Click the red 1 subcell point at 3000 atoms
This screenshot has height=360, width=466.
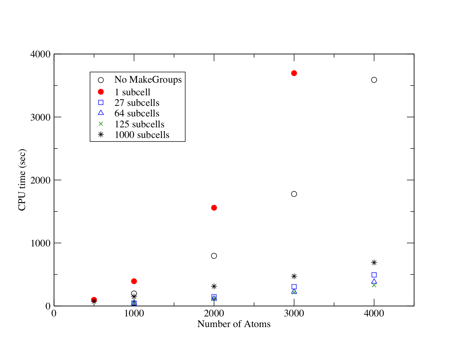pos(294,73)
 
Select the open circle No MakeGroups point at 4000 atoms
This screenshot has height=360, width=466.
pos(374,80)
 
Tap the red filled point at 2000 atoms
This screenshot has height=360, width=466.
pos(214,208)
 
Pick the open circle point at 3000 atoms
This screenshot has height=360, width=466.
pos(294,194)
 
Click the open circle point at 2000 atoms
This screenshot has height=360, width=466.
pos(214,256)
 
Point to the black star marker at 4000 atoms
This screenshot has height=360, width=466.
pos(374,262)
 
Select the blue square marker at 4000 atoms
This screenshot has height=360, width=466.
pos(374,275)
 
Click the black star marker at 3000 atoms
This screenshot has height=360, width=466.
pos(294,276)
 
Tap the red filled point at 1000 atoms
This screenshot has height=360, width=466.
pos(134,281)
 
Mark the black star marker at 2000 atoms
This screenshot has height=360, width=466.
pos(214,286)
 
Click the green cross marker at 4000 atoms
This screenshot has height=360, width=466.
pos(374,285)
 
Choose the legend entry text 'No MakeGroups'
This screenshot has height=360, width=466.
pos(148,80)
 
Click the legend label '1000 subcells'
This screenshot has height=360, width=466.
pos(142,135)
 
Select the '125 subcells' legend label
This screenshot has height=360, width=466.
pos(139,124)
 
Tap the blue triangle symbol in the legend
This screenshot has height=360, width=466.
pos(101,113)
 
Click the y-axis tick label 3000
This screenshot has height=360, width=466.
pos(40,117)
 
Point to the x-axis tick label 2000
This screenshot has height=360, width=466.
pos(214,314)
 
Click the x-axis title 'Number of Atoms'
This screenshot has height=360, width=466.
pos(234,324)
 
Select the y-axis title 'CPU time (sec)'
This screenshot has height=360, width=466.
pos(22,180)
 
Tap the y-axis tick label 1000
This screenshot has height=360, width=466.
pos(40,243)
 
